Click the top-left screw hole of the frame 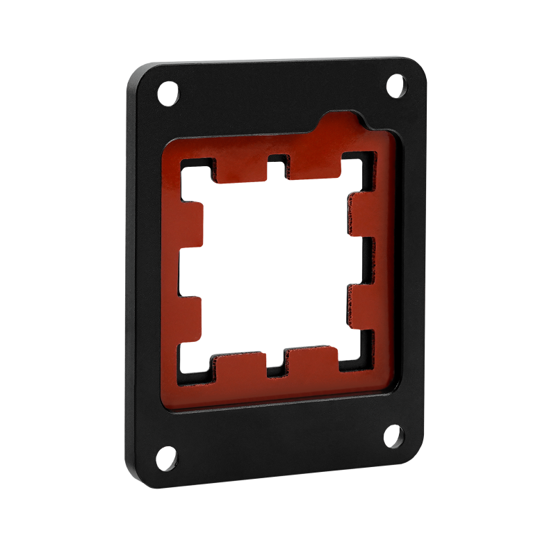click(x=167, y=91)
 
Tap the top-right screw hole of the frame click(x=395, y=85)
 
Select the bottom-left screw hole click(x=167, y=459)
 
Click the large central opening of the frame click(x=275, y=264)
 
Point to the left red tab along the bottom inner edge click(x=240, y=367)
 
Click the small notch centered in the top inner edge click(x=278, y=164)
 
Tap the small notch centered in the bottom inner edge click(x=277, y=365)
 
